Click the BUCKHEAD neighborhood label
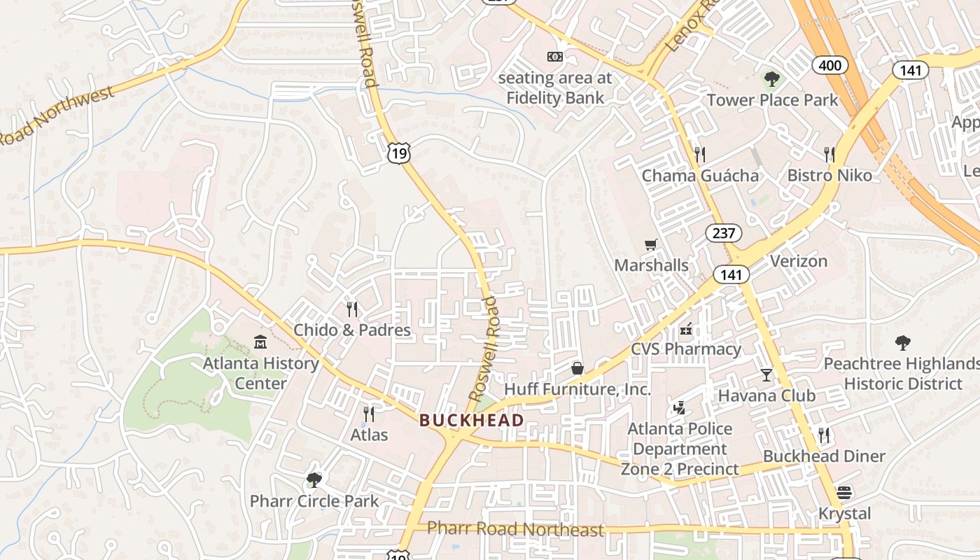[471, 420]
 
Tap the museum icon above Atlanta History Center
[260, 342]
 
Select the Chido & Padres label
[352, 330]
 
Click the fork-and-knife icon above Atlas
[369, 414]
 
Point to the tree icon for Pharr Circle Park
[314, 480]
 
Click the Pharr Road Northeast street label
[515, 529]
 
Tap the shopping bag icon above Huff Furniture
[577, 368]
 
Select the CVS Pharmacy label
[686, 349]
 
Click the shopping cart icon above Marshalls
[651, 244]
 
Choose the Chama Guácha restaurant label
[700, 175]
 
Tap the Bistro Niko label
[829, 175]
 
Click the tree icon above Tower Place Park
[772, 79]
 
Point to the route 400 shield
[830, 66]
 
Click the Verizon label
[799, 261]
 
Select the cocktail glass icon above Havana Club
[766, 374]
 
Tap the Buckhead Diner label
[824, 456]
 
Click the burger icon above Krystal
[845, 493]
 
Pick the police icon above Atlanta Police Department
[678, 407]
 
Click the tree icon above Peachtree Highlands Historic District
[902, 343]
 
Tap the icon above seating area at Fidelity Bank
[554, 56]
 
